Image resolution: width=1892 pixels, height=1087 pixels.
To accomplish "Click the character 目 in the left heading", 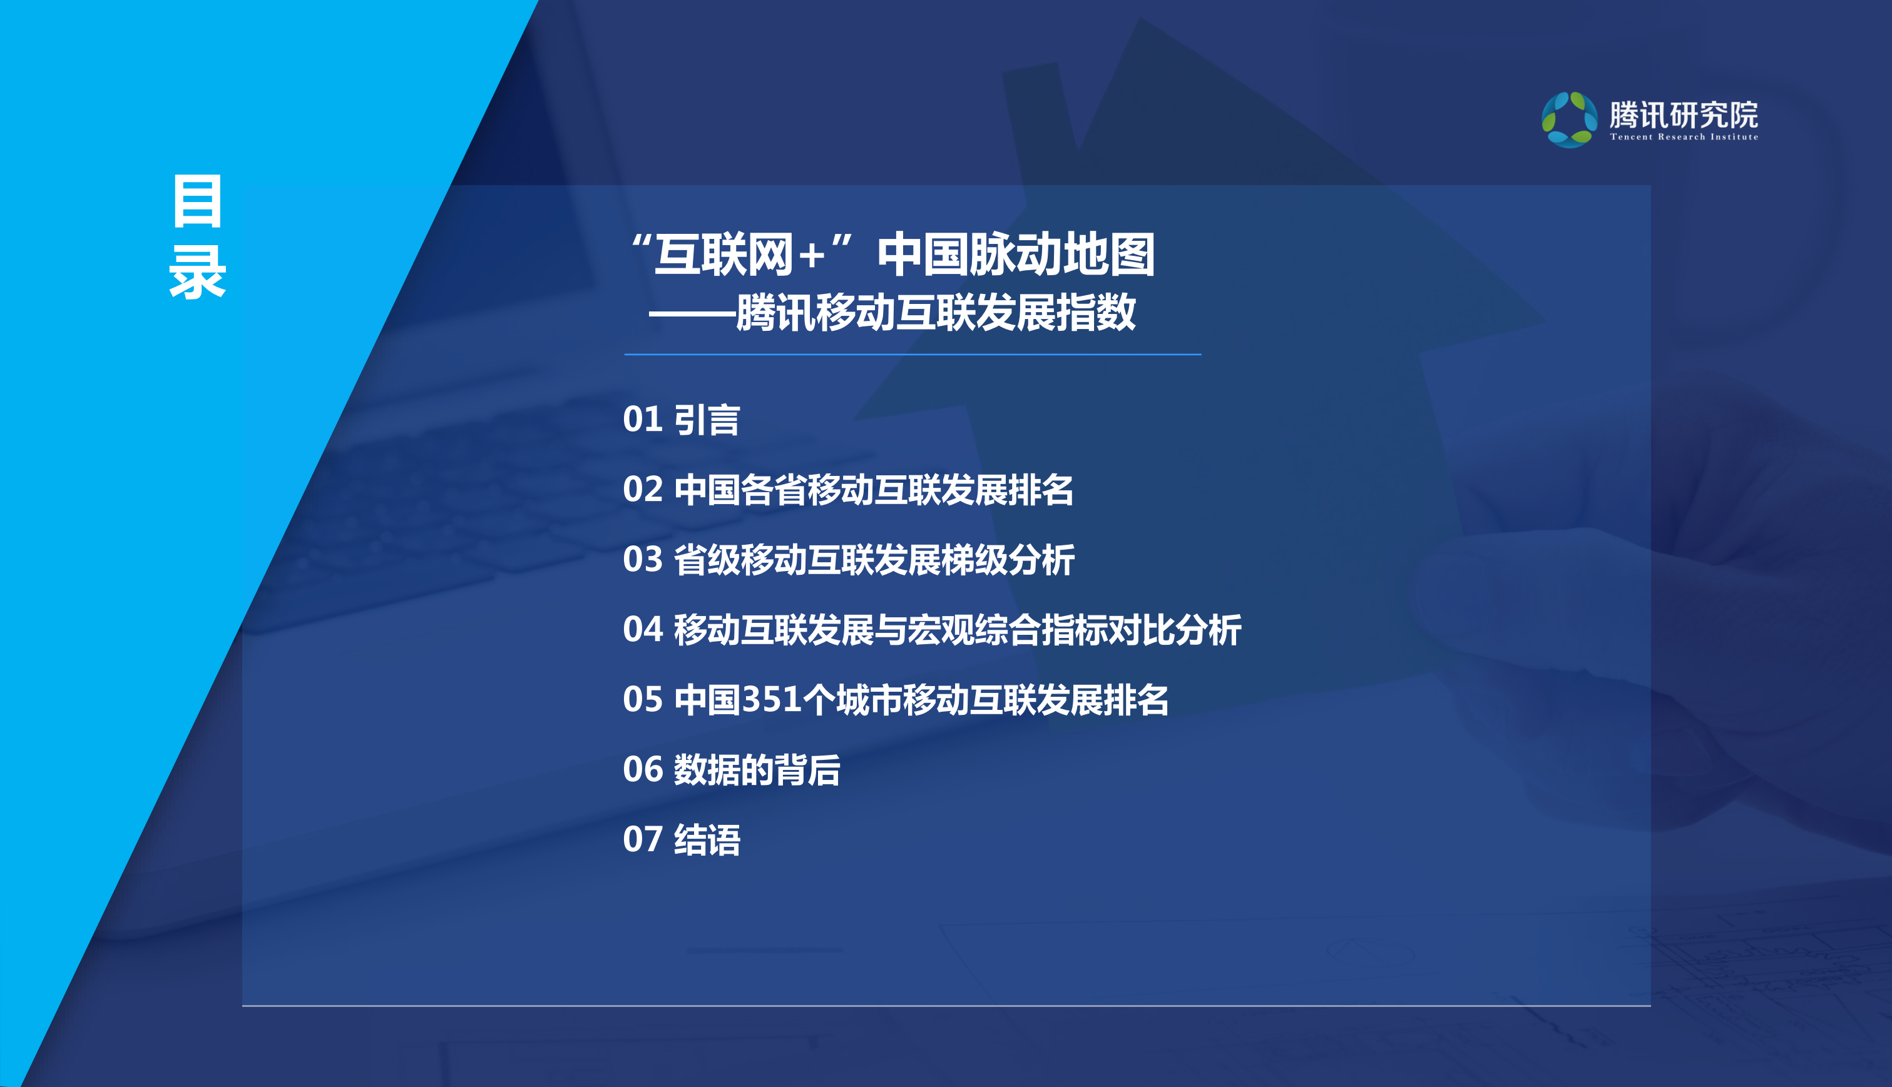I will [x=197, y=201].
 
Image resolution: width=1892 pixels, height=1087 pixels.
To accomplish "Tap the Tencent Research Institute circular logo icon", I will [x=1568, y=119].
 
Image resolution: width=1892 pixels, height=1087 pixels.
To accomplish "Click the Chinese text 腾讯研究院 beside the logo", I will [x=1684, y=114].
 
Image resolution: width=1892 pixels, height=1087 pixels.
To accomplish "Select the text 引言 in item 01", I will [x=707, y=420].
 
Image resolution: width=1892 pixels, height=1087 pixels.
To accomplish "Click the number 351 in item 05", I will [x=772, y=699].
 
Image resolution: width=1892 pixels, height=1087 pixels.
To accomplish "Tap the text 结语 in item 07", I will [x=707, y=840].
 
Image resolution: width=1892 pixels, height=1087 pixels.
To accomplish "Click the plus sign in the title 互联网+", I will [x=811, y=256].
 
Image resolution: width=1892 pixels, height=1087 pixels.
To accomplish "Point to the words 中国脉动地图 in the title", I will [x=1016, y=255].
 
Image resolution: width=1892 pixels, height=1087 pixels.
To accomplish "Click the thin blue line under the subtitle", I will [x=912, y=355].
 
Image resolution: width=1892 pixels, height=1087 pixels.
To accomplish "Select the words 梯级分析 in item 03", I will [x=1008, y=560].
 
